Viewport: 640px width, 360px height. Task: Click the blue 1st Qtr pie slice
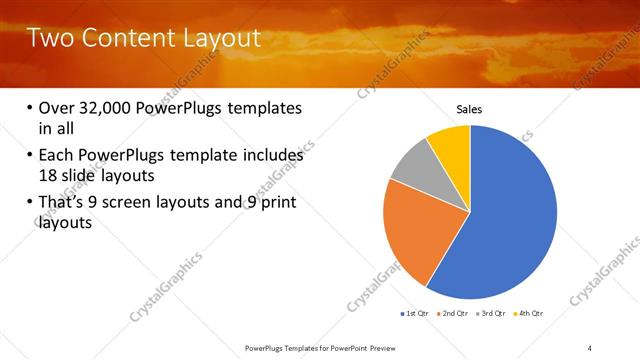pos(510,220)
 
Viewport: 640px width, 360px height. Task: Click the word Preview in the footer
pos(378,347)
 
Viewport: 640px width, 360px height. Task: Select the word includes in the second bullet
pos(270,156)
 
